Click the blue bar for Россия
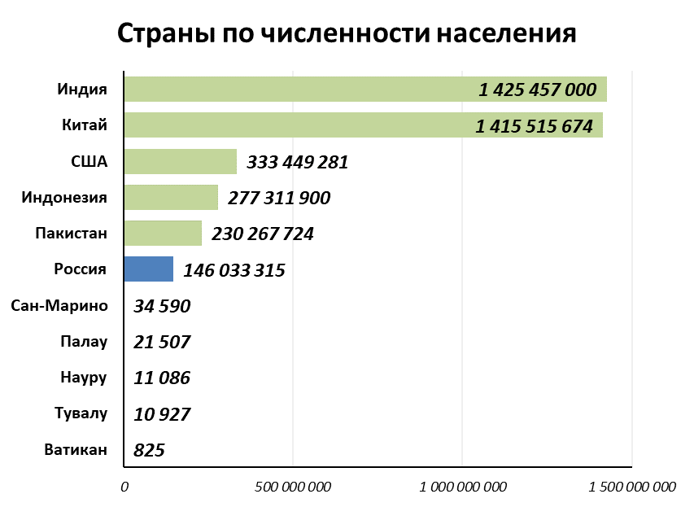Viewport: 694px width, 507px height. point(148,269)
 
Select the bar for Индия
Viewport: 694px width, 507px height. point(301,90)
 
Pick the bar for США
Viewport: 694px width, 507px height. point(180,161)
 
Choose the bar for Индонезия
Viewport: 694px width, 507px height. point(171,197)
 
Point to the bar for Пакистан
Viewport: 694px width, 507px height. point(163,233)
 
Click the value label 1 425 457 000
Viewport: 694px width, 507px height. point(538,90)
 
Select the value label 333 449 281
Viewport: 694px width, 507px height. point(297,162)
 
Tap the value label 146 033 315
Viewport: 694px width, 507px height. point(234,270)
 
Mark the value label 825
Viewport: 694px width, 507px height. point(150,450)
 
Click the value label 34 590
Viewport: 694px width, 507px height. point(162,307)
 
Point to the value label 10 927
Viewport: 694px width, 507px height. point(162,414)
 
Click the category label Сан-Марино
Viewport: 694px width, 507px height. point(59,306)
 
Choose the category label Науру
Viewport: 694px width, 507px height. point(84,378)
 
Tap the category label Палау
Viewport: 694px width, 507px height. point(84,342)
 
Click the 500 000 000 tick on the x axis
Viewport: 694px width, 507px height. point(293,487)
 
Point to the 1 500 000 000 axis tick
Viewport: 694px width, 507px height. point(631,487)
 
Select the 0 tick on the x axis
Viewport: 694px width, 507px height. point(124,487)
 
